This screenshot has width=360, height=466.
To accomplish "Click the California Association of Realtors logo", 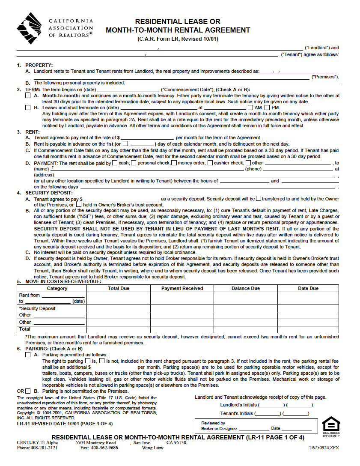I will (30, 28).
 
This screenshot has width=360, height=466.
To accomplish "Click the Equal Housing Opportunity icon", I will (331, 426).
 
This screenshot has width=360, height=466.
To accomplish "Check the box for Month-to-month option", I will (28, 96).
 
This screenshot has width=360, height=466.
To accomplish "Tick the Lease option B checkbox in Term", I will (28, 108).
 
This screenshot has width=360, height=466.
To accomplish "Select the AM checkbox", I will (251, 108).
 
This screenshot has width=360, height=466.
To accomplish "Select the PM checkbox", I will (268, 108).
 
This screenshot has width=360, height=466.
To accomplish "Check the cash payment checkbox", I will (114, 163).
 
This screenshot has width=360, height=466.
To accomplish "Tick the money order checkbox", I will (174, 163).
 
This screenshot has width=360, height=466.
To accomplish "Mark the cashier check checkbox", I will (210, 163).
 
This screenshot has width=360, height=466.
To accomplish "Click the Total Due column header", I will (119, 288).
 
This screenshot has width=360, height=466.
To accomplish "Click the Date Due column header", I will (308, 288).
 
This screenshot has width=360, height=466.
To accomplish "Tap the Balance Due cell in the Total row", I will (246, 329).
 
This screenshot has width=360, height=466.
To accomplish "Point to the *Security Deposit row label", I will (37, 308).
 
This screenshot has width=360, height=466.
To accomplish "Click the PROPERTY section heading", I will (39, 65).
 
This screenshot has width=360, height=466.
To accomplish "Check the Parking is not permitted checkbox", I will (28, 391).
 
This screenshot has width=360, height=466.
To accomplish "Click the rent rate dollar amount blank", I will (147, 137).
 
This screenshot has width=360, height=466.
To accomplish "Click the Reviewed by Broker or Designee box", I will (256, 426).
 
